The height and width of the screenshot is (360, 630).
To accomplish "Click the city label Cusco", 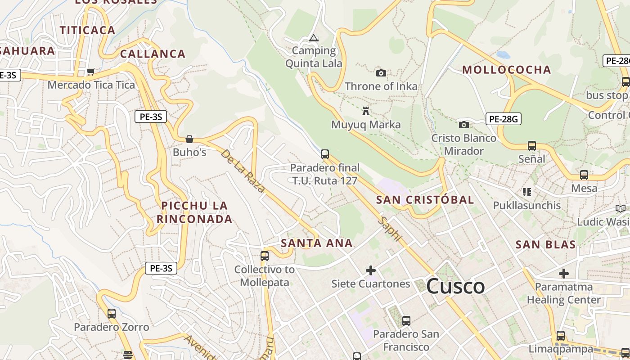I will tap(455, 286).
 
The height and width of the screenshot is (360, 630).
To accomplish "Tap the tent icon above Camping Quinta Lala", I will tap(314, 38).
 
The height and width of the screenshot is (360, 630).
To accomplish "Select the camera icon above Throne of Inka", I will tap(381, 73).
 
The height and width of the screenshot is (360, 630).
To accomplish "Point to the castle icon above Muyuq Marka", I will tap(366, 111).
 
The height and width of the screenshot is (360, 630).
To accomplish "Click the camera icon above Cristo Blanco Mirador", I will tap(463, 125).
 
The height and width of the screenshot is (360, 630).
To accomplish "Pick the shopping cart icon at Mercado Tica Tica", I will tap(91, 72).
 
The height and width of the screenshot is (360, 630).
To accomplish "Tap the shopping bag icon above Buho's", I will tap(189, 139).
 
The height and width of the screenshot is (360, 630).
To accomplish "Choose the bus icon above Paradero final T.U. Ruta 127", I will tap(325, 154).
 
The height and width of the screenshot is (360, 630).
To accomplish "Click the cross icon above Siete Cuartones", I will tap(371, 270).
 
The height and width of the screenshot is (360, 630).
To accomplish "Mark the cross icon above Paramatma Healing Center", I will tap(564, 274).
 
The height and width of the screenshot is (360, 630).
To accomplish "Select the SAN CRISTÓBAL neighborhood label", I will tap(425, 200).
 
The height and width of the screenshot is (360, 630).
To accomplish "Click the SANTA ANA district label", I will tap(316, 243).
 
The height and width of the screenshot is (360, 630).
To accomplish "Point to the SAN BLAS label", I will tap(545, 245).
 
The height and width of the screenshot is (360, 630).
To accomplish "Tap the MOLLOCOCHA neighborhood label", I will tap(506, 70).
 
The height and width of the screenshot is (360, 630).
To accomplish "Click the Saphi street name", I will tap(390, 229).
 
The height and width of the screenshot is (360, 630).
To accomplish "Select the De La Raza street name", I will tap(243, 171).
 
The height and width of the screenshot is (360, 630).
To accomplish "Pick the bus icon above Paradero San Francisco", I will tap(406, 321).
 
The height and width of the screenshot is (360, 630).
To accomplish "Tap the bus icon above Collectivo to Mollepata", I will tap(265, 256).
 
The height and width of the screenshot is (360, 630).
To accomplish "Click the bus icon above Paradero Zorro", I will tap(111, 314).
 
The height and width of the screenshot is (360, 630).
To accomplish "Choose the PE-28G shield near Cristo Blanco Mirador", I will tap(503, 119).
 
